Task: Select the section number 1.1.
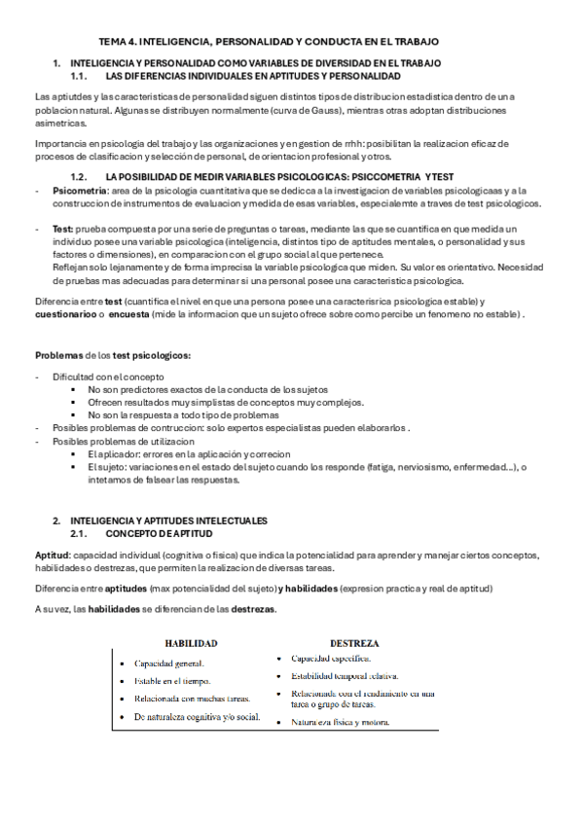(x=81, y=75)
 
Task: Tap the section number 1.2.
(x=81, y=176)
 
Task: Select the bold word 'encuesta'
(x=127, y=314)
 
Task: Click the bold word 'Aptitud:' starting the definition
(x=54, y=555)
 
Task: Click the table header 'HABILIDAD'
(x=190, y=643)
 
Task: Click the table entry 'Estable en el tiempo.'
(x=173, y=681)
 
